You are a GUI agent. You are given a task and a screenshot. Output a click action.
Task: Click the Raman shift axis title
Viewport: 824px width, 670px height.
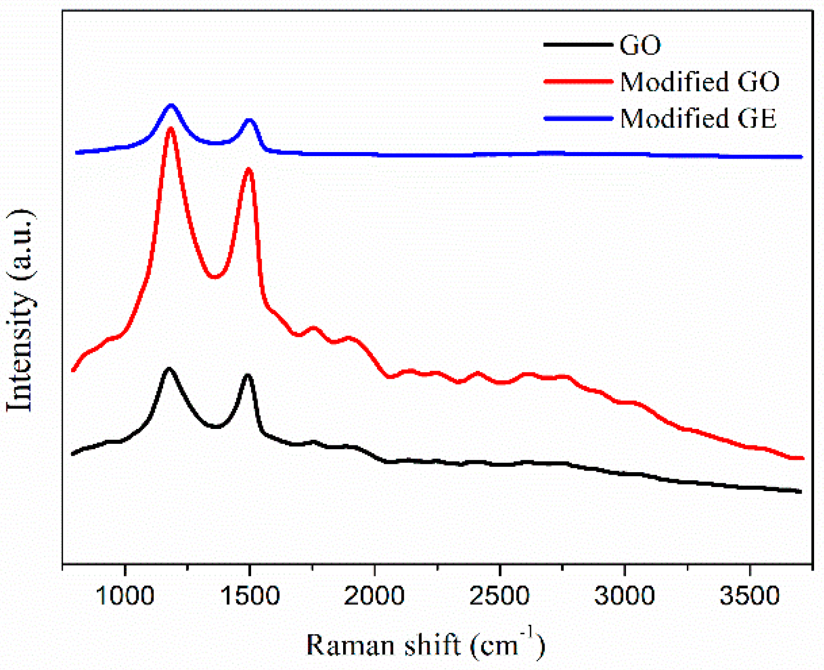point(425,645)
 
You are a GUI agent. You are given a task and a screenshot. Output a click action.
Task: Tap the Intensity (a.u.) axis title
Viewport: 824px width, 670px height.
point(21,311)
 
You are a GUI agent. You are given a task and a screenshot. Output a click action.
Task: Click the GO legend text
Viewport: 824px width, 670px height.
point(640,45)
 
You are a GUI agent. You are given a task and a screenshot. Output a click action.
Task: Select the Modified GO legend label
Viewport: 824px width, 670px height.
point(700,82)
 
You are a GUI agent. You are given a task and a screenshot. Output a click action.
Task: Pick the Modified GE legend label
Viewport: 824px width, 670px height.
point(698,119)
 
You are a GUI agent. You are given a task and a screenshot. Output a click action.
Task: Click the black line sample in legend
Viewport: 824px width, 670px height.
point(578,45)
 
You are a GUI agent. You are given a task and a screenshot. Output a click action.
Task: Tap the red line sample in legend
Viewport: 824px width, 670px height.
point(578,82)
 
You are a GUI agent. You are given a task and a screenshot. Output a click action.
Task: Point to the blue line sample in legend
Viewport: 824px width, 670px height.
point(578,118)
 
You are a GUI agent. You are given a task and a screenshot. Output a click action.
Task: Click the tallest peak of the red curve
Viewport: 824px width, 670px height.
point(171,129)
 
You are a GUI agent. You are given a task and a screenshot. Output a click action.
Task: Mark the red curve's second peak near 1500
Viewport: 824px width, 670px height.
point(249,170)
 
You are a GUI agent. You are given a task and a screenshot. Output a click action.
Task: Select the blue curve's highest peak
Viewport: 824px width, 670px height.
point(172,105)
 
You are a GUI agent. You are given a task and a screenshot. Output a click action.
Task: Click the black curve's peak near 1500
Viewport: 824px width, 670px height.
point(247,376)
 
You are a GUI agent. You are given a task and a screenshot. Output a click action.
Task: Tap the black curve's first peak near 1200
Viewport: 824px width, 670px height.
point(169,369)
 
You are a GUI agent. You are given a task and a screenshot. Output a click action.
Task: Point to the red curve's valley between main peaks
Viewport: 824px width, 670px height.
point(214,276)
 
